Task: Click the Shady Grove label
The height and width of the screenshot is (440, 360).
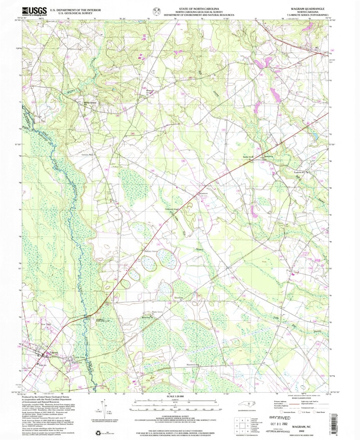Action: pos(157,312)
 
